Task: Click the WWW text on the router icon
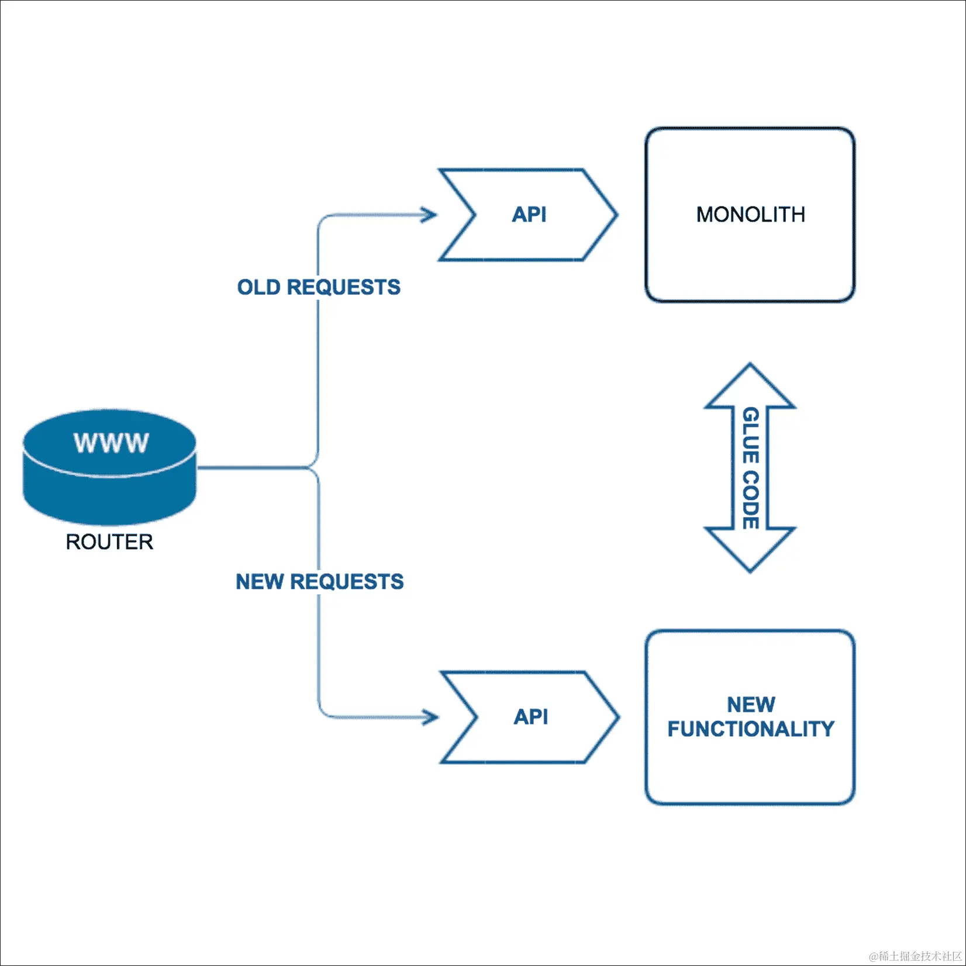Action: [111, 443]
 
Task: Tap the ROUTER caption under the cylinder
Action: [109, 542]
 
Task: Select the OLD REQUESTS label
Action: [319, 287]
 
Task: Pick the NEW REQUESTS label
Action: [320, 582]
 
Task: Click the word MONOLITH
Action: [750, 215]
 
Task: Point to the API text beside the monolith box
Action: [529, 215]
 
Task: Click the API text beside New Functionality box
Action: [531, 717]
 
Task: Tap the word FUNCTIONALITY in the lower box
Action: [751, 729]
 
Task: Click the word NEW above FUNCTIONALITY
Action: [751, 705]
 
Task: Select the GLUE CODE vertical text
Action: [750, 468]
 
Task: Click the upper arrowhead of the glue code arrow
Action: [750, 386]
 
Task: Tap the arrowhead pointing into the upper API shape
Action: [430, 215]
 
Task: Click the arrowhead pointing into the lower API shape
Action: [431, 717]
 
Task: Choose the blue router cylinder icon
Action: [110, 468]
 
